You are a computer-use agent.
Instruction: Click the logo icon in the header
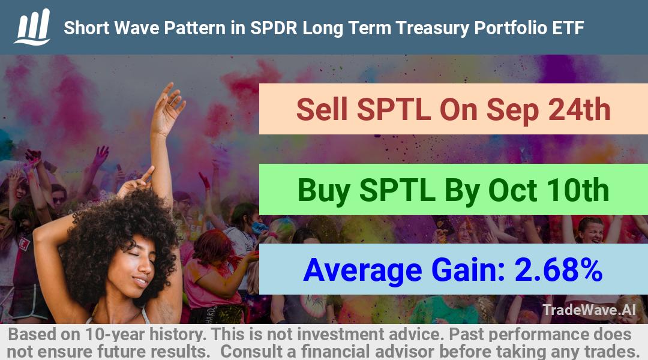pos(32,27)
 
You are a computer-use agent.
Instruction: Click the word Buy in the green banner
pos(324,191)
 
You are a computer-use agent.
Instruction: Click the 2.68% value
pos(559,269)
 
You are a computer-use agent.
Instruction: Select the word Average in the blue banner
pos(362,271)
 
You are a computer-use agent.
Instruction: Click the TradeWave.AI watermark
pos(589,310)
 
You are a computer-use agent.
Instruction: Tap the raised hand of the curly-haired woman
pos(167,108)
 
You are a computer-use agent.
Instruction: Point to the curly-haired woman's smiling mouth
pos(140,281)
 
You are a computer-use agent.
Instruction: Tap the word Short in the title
pos(86,28)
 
